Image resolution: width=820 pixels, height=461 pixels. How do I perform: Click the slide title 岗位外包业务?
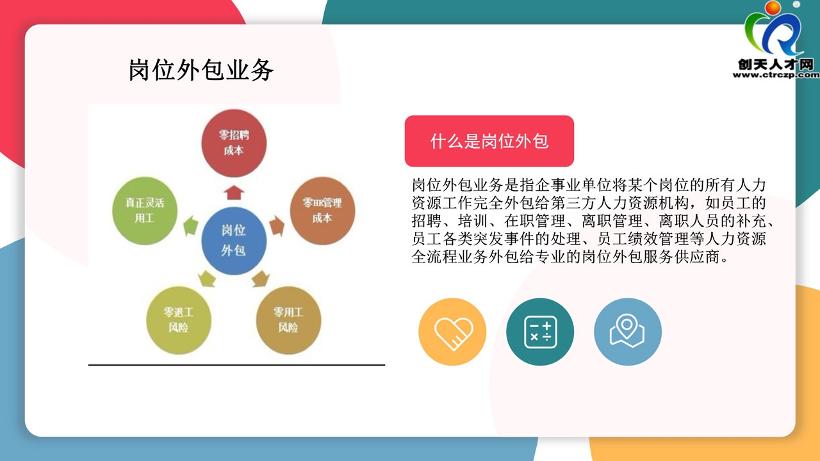click(x=201, y=70)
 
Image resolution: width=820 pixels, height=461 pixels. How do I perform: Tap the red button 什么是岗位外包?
click(x=489, y=141)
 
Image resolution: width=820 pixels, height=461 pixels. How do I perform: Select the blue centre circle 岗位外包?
click(x=234, y=241)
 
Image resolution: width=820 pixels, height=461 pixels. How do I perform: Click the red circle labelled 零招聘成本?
click(x=234, y=143)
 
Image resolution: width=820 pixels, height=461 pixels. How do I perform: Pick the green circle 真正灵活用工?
click(x=145, y=211)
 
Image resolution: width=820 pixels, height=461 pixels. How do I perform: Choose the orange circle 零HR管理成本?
click(x=322, y=211)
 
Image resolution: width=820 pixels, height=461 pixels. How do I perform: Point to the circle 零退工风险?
click(x=178, y=320)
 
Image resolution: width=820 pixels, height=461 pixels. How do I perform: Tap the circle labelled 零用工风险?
click(x=288, y=320)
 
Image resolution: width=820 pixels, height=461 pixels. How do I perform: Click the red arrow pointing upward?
click(x=234, y=193)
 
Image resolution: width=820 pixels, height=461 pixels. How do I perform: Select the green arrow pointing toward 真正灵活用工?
click(x=191, y=226)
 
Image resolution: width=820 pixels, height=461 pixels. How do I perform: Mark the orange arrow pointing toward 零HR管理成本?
click(x=277, y=226)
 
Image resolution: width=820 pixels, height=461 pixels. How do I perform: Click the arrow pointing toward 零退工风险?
click(x=207, y=279)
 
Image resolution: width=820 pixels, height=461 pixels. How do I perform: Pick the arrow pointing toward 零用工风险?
click(x=261, y=279)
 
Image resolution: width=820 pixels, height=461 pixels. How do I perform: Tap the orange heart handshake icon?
click(x=452, y=332)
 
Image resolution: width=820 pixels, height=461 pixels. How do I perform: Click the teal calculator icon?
click(x=540, y=332)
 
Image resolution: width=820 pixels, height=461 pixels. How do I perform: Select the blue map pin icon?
click(x=627, y=332)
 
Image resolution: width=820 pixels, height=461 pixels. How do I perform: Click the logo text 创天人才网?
click(x=775, y=65)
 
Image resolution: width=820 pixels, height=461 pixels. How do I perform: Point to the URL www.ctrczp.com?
click(x=776, y=75)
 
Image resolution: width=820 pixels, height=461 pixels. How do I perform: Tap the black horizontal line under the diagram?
click(x=236, y=365)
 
